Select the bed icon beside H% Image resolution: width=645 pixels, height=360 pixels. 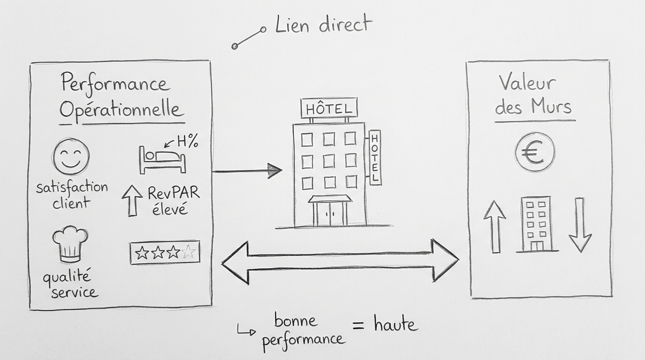pyautogui.click(x=162, y=159)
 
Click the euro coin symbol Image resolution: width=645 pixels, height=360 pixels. pyautogui.click(x=534, y=152)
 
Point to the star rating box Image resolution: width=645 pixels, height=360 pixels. pyautogui.click(x=165, y=253)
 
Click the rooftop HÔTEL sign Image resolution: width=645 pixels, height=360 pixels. pyautogui.click(x=329, y=108)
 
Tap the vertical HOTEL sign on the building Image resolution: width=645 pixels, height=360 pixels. pyautogui.click(x=375, y=157)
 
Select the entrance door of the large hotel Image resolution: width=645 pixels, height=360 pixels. pyautogui.click(x=330, y=213)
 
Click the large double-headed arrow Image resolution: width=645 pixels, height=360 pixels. pyautogui.click(x=340, y=261)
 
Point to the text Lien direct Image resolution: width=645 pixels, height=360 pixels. pyautogui.click(x=323, y=24)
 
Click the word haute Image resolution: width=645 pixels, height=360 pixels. pyautogui.click(x=396, y=324)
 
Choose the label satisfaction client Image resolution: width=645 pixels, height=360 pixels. pyautogui.click(x=72, y=195)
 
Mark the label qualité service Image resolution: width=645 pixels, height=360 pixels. pyautogui.click(x=71, y=285)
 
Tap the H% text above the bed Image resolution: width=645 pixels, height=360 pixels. pyautogui.click(x=187, y=141)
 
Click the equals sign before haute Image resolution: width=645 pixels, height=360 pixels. pyautogui.click(x=359, y=325)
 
